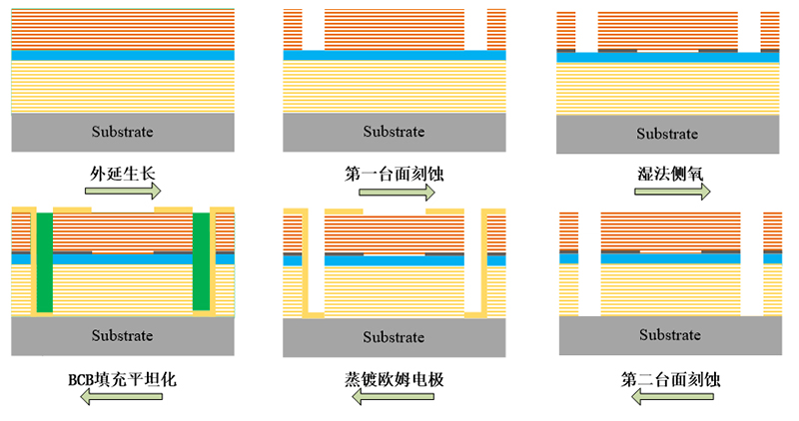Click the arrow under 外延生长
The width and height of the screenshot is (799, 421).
(x=124, y=191)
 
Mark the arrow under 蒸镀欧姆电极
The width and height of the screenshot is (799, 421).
(x=396, y=398)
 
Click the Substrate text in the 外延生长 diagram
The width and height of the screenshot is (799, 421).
(x=123, y=132)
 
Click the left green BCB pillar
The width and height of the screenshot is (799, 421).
(x=43, y=261)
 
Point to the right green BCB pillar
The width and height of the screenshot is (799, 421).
(x=202, y=261)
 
